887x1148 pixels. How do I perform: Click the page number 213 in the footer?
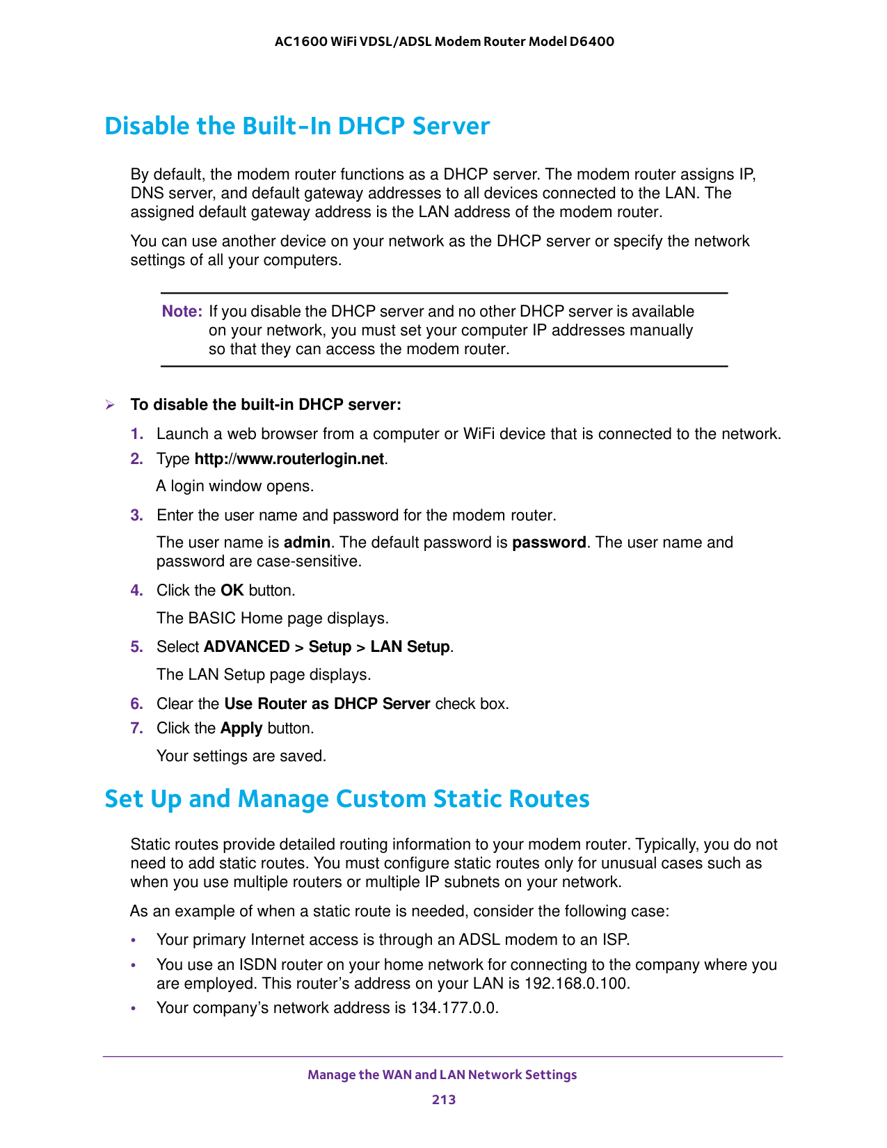coord(443,1099)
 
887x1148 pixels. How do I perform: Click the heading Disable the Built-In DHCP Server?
coord(297,126)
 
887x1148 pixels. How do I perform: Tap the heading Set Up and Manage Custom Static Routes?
coord(346,798)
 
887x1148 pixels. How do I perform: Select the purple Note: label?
coord(182,311)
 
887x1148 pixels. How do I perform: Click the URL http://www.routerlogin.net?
coord(289,459)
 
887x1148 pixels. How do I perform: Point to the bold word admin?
coord(307,543)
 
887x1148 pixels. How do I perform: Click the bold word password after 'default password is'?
coord(549,543)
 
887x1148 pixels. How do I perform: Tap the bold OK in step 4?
coord(232,591)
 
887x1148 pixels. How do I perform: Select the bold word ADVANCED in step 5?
coord(246,647)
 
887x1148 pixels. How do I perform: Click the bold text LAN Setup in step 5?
coord(410,647)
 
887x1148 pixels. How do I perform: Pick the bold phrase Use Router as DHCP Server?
coord(327,703)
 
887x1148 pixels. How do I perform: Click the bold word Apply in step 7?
coord(241,728)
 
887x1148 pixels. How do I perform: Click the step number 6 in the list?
coord(136,703)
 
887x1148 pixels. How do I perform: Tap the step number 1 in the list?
coord(136,434)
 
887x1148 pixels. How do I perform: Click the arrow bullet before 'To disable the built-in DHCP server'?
coord(109,405)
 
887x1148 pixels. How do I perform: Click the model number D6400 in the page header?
coord(591,41)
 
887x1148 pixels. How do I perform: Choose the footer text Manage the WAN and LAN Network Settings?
coord(442,1074)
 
